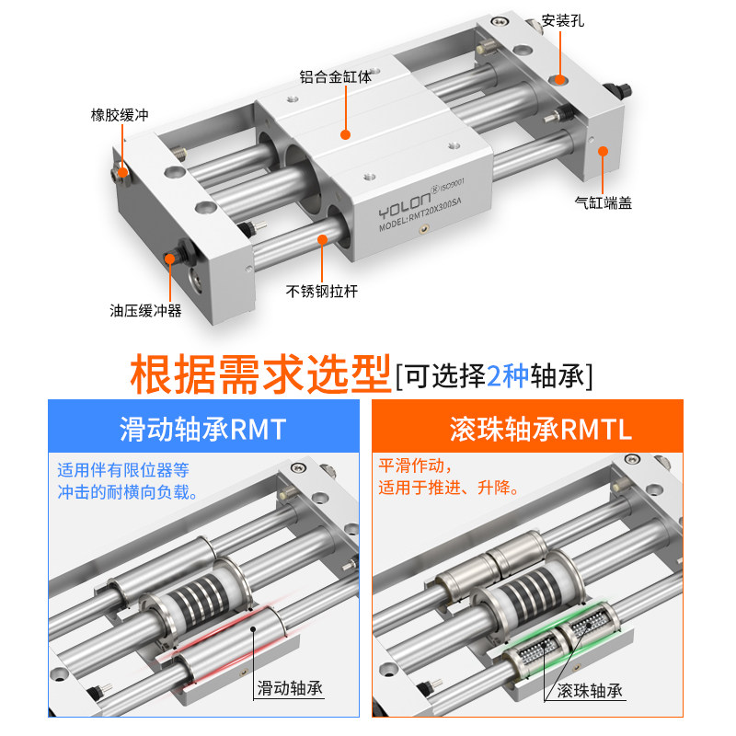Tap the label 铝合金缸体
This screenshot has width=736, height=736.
click(335, 77)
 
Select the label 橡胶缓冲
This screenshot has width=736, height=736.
click(119, 115)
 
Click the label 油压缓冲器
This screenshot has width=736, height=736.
click(145, 311)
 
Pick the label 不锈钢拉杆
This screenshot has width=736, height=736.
click(321, 291)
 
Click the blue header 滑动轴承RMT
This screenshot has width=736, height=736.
click(202, 429)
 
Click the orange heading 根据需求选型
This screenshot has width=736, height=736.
click(260, 374)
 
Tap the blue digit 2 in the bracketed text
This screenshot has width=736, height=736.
click(495, 375)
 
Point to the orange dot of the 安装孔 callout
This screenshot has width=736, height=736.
click(558, 78)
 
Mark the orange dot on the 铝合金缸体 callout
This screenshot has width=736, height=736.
click(346, 134)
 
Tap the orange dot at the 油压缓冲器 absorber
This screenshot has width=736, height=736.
click(169, 259)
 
